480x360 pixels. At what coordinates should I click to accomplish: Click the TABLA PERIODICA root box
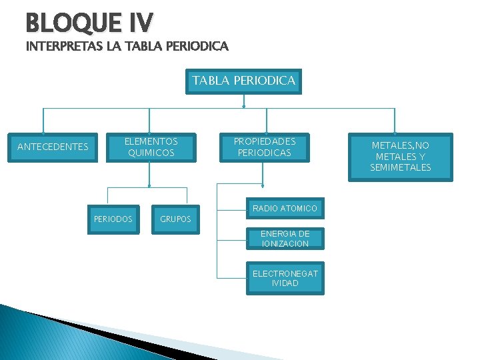(243, 81)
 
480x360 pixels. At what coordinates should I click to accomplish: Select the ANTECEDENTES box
(53, 147)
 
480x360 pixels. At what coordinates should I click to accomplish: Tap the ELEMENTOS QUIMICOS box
(152, 147)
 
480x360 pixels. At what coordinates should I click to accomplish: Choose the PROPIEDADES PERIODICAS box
(265, 147)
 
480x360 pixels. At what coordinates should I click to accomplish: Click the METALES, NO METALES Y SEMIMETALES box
(401, 156)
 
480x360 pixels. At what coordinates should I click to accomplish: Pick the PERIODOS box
(113, 219)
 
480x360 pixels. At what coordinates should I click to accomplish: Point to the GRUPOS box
(175, 219)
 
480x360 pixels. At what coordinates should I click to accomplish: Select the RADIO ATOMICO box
(285, 209)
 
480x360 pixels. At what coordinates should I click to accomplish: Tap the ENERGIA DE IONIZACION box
(285, 239)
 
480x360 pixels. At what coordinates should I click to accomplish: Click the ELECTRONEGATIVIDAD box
(285, 278)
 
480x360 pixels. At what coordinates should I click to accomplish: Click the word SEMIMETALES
(401, 167)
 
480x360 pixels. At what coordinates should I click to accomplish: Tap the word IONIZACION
(285, 244)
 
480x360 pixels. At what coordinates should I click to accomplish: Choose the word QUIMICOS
(152, 153)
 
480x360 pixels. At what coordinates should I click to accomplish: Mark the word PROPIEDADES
(265, 141)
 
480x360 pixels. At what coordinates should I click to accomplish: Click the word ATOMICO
(299, 209)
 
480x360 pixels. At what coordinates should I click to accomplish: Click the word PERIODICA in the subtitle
(199, 47)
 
